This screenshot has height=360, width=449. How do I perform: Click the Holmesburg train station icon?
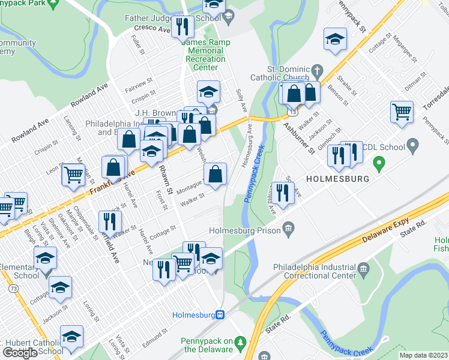(220, 314)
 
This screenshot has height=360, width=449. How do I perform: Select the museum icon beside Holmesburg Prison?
(288, 227)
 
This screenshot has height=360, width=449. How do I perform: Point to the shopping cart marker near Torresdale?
(402, 111)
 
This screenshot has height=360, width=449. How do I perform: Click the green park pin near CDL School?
(379, 162)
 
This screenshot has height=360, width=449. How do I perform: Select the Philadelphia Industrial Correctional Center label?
(316, 271)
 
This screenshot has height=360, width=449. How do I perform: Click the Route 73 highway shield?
(13, 289)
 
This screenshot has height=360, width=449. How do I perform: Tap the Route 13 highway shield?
(292, 112)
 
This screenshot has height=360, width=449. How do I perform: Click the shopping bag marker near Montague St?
(215, 175)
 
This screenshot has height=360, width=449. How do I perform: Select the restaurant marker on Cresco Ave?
(182, 26)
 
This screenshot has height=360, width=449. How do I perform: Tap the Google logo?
(19, 353)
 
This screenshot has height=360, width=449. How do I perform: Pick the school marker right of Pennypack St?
(335, 40)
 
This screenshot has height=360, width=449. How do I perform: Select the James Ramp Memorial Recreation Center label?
(205, 55)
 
